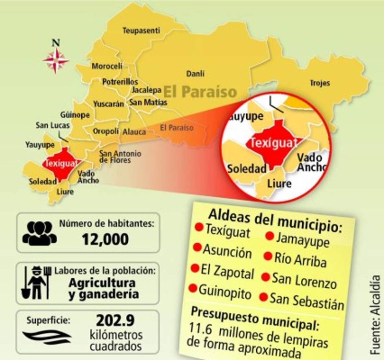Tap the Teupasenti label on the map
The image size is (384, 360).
coord(141,30)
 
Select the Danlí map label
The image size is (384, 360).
coord(195,74)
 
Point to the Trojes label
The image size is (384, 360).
coord(320,83)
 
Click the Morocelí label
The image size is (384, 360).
coord(107,66)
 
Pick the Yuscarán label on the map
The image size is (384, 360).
coord(109,104)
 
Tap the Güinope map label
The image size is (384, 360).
coord(75,115)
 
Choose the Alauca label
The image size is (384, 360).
coord(134,132)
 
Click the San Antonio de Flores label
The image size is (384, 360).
coord(120,156)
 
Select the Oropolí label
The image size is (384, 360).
coord(106,131)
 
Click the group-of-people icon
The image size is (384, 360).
coord(39,233)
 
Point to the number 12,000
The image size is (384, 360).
coord(105,240)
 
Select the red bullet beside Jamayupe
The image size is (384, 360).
coord(269,236)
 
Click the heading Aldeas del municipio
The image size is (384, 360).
coord(276,220)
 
